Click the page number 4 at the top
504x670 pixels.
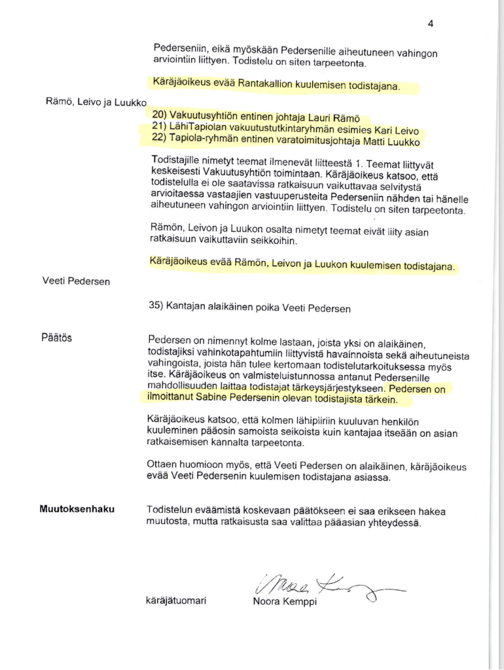430,24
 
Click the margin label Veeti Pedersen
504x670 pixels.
75,282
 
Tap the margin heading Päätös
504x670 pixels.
56,339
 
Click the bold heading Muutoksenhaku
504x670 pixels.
77,508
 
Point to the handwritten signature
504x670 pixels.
321,584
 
